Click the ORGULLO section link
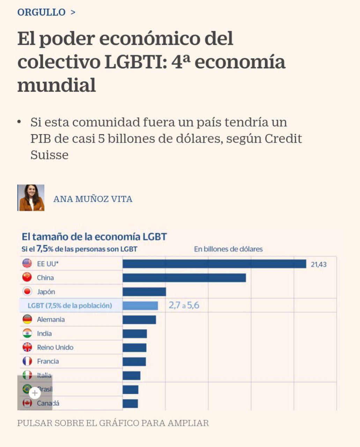(x=41, y=12)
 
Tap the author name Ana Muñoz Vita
(x=93, y=199)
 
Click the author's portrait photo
(x=31, y=198)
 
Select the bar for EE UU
(x=214, y=264)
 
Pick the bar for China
(x=184, y=278)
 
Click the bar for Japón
(x=144, y=292)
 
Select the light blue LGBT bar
(x=140, y=306)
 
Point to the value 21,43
(x=318, y=264)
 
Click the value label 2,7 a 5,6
(x=184, y=305)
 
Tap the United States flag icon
(x=27, y=264)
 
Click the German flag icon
(x=27, y=319)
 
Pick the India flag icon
(x=27, y=333)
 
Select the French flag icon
(x=27, y=361)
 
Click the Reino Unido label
(x=55, y=347)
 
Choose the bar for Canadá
(x=130, y=403)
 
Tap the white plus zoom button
(x=35, y=393)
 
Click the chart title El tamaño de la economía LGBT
(x=94, y=237)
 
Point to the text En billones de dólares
(x=228, y=249)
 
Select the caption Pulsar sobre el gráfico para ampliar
(x=113, y=423)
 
